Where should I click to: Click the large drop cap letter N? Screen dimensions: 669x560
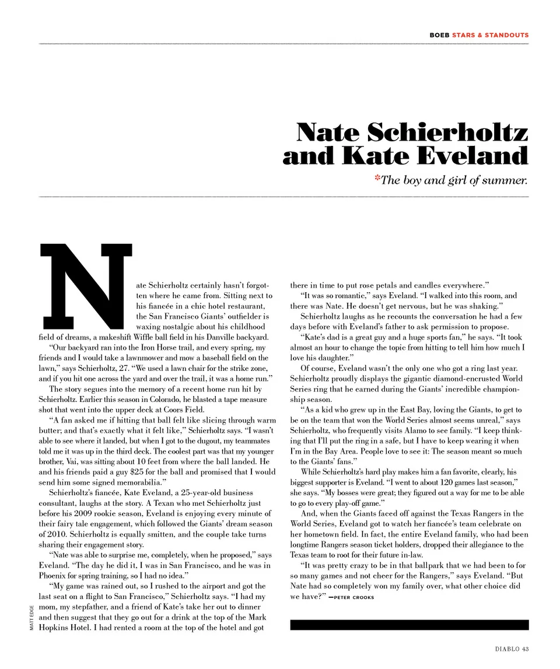(85, 285)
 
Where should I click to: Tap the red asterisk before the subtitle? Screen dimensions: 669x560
(377, 179)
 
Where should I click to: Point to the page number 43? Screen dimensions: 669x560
(525, 649)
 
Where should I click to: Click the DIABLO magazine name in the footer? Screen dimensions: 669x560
(505, 649)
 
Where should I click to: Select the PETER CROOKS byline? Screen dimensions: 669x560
(354, 598)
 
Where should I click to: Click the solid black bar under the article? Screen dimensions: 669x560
(409, 625)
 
